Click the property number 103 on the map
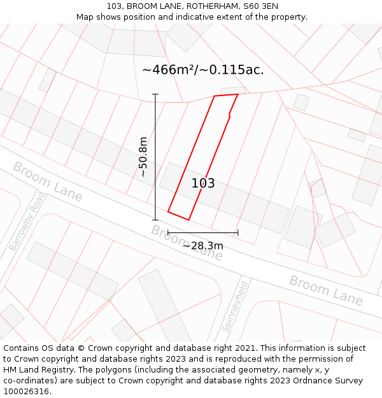[x=203, y=183]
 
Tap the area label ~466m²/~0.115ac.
[x=202, y=70]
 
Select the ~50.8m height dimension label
[x=144, y=157]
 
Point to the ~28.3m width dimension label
[x=203, y=246]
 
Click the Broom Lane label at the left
[x=48, y=182]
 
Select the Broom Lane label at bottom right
[x=326, y=290]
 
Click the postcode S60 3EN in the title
[x=260, y=6]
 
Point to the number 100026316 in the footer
[x=25, y=391]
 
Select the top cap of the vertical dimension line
[x=155, y=94]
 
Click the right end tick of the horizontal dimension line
[x=238, y=232]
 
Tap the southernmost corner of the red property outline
[x=188, y=220]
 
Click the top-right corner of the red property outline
[x=238, y=94]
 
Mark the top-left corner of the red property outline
[x=215, y=96]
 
